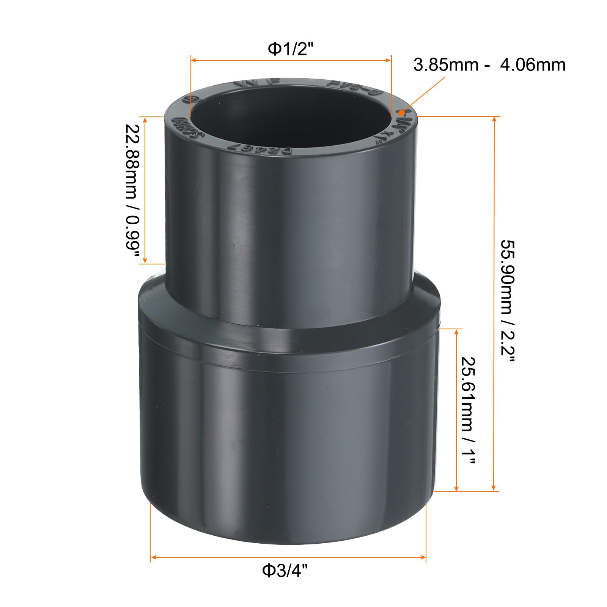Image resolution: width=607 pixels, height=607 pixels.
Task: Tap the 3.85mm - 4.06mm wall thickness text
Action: [x=489, y=65]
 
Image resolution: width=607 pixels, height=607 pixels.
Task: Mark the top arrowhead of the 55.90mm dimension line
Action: [x=494, y=120]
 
